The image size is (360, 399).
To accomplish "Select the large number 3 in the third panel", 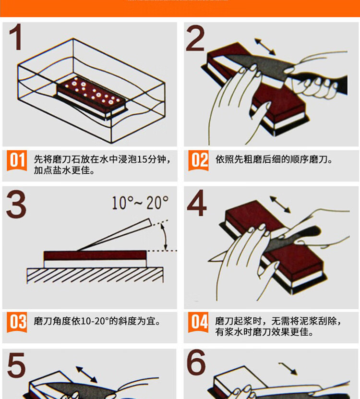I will pos(16,205).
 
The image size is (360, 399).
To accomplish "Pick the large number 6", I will pos(196,365).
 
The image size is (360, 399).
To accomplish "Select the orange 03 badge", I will pos(17,322).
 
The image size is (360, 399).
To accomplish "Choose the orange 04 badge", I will pos(198,322).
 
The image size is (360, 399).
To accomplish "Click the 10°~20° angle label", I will pos(140,203).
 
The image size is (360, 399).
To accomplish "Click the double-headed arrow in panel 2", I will pos(265,48).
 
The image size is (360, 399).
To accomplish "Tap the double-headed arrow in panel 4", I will pos(280,205).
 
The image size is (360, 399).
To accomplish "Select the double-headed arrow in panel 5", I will pos(87,374).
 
